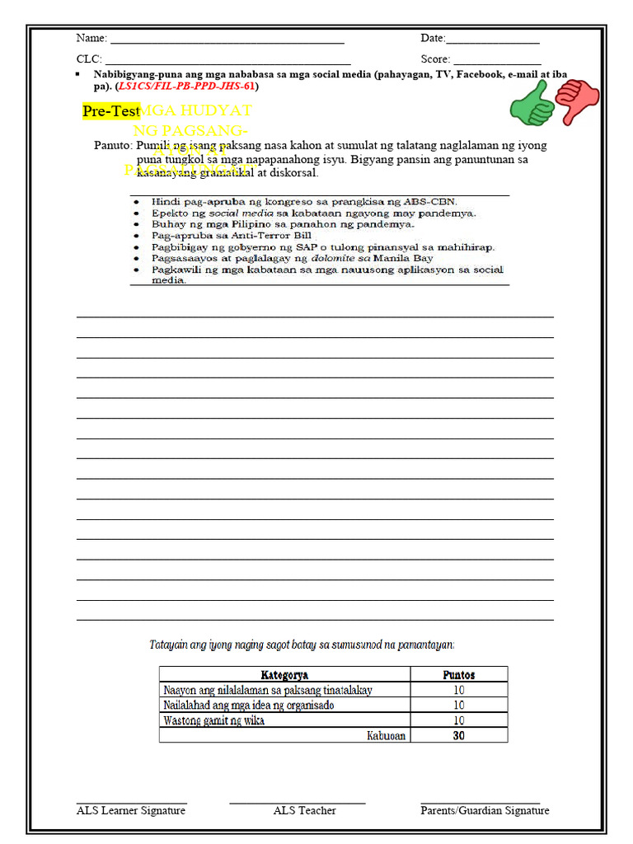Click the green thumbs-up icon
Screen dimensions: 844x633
[532, 105]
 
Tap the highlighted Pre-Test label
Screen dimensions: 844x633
[111, 111]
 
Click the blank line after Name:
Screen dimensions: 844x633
[227, 40]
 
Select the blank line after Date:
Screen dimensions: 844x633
[493, 40]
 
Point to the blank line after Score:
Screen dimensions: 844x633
[497, 60]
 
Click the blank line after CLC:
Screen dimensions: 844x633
[227, 60]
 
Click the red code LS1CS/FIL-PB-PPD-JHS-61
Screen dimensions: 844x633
[187, 86]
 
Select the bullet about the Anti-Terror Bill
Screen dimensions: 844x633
[232, 235]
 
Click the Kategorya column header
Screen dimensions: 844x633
[284, 675]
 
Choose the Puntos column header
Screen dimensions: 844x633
[458, 675]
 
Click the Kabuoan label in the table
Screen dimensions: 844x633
[386, 735]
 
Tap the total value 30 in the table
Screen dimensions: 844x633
[458, 735]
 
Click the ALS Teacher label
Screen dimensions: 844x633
[305, 811]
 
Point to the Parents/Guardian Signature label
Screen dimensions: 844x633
[485, 811]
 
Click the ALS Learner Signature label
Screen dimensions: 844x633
[131, 811]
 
